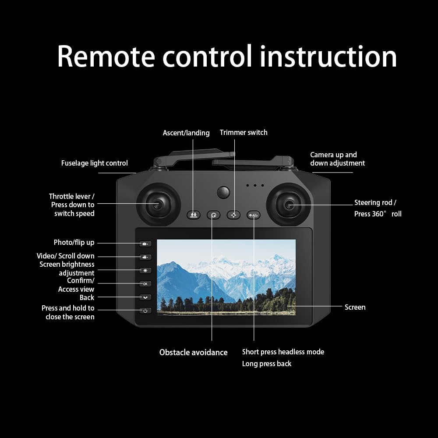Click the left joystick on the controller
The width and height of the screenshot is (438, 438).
tap(158, 205)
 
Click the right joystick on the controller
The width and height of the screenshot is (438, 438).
tap(290, 205)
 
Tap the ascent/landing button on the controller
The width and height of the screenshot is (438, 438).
tap(193, 215)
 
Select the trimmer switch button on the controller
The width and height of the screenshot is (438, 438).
tap(233, 215)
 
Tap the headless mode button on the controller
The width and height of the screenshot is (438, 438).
tap(254, 215)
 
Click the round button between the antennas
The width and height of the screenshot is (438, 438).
tap(223, 192)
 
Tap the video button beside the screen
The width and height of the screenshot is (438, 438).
tap(145, 257)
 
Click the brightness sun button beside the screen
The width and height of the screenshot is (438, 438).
tap(145, 271)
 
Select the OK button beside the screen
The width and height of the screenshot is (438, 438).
tap(145, 284)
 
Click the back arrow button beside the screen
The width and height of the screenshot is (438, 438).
tap(145, 297)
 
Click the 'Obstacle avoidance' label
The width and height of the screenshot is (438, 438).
tap(193, 352)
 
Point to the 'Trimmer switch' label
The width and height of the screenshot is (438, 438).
tap(244, 132)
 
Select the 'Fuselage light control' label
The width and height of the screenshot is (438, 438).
tap(94, 163)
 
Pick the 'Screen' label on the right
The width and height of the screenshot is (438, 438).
tap(355, 307)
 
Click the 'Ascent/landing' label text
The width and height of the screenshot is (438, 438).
tap(186, 133)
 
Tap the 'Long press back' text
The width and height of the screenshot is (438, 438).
tap(266, 364)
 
